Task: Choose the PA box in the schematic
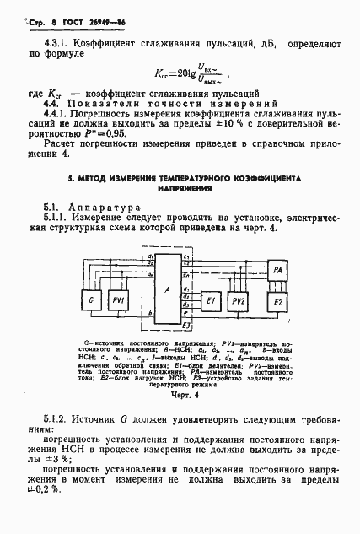click(277, 269)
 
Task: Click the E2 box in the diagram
click(277, 302)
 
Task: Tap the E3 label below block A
click(187, 324)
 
